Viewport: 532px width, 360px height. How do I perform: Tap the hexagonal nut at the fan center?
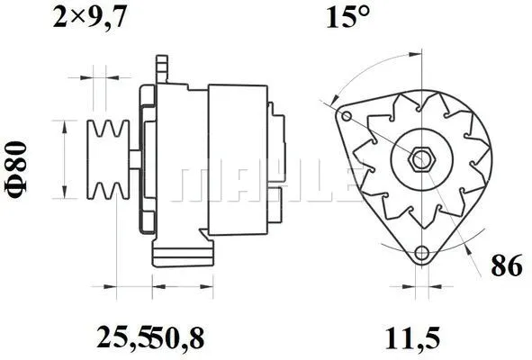(x=421, y=160)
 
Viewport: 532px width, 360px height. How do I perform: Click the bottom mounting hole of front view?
(x=421, y=255)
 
